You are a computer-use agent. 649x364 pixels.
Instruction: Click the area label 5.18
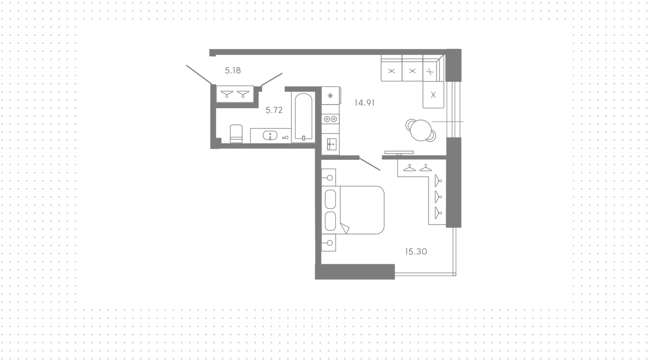233,71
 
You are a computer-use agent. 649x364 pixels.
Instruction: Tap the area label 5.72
274,110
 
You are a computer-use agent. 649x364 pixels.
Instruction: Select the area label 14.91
364,103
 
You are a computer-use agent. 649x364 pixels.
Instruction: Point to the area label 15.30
416,252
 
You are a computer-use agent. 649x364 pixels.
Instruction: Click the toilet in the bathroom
236,134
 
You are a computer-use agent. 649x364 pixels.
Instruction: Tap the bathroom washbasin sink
270,135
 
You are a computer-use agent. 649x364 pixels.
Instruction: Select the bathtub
304,117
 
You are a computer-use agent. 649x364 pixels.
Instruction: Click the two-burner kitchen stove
330,119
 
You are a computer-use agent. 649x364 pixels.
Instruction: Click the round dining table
421,130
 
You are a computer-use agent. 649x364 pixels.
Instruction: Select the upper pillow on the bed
330,200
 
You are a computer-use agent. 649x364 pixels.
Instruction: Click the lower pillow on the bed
330,221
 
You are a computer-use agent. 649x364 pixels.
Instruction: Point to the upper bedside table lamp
330,178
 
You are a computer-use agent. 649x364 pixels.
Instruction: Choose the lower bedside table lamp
330,243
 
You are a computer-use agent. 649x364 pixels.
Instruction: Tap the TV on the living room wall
399,153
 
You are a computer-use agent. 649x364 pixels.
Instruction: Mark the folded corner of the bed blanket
345,228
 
